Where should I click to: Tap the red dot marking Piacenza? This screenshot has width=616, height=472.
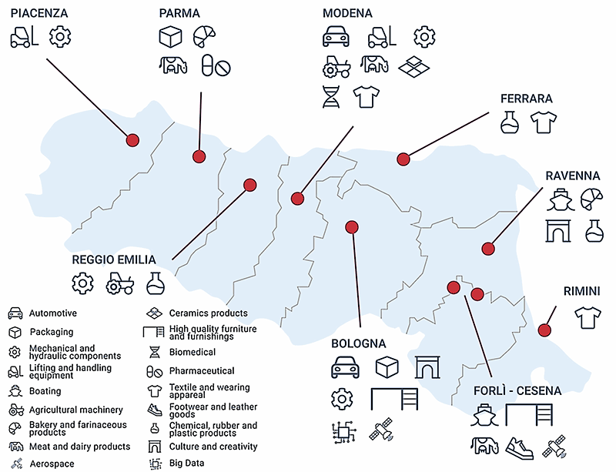[x=132, y=140]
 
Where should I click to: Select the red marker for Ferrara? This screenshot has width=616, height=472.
[x=403, y=159]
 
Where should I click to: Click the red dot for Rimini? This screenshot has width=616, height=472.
[x=544, y=330]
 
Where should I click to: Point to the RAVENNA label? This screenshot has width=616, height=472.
[x=573, y=176]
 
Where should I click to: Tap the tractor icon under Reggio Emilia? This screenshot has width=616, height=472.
[x=119, y=283]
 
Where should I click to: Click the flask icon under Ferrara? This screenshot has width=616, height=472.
[x=508, y=122]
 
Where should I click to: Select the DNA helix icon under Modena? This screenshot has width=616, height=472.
[x=331, y=96]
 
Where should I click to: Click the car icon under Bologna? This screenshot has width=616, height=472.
[x=346, y=368]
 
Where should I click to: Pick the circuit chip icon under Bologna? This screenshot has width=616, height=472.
[x=341, y=434]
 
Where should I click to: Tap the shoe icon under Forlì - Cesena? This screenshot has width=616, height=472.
[x=521, y=446]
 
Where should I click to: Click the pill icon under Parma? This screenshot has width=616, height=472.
[x=216, y=66]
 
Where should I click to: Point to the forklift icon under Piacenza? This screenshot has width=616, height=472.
[x=24, y=36]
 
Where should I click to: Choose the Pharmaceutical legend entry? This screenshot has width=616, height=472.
[x=202, y=370]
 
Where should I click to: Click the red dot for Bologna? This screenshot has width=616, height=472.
[x=352, y=227]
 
